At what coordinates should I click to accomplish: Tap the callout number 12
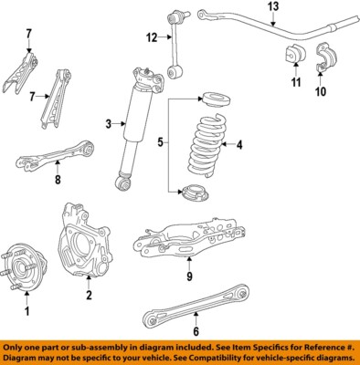[x=152, y=37]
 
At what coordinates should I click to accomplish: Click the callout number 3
[x=109, y=124]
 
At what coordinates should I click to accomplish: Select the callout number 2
[x=89, y=295]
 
